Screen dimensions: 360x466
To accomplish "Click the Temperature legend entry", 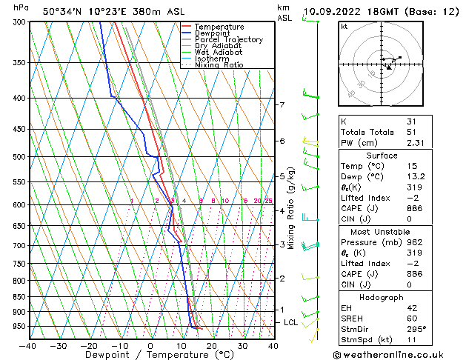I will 220,27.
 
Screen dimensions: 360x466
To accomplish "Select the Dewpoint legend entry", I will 214,33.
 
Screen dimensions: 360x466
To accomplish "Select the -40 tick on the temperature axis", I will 27,345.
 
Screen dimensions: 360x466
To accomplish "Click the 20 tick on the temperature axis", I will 212,345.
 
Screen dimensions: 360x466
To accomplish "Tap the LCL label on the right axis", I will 290,323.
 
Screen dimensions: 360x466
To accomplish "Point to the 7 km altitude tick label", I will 282,104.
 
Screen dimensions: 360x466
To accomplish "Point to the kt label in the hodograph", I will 344,26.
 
